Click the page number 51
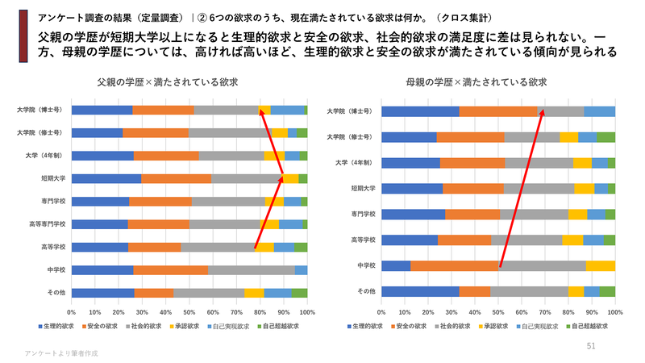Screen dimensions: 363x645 591,345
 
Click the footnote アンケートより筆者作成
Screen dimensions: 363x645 61,353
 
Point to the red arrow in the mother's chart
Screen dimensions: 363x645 522,187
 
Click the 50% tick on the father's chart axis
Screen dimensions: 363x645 189,311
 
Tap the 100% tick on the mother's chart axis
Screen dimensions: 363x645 615,311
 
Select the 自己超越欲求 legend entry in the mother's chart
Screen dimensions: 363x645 588,326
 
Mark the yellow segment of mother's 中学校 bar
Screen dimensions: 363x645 600,265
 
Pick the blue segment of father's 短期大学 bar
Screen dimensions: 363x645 106,178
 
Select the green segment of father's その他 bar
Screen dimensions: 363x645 299,293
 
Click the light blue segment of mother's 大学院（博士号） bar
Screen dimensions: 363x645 599,112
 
